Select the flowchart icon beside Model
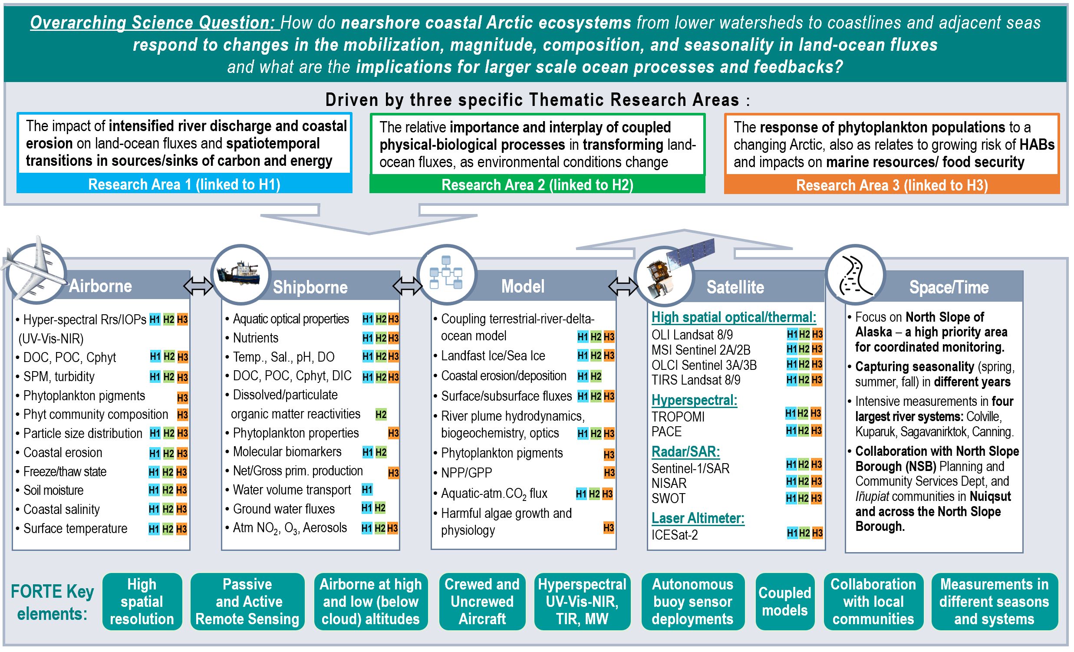point(446,273)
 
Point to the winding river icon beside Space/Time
point(855,275)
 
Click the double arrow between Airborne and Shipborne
point(198,286)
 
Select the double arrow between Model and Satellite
point(623,286)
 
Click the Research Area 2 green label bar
point(537,185)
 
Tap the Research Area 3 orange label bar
point(891,185)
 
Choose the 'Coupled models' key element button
point(784,602)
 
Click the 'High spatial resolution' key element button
point(142,602)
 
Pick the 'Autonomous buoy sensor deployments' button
point(692,602)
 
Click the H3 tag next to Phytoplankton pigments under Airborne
point(183,398)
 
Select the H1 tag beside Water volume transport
point(367,490)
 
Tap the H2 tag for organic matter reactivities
point(381,414)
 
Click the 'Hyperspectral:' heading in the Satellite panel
point(694,400)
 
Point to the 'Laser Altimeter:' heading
point(698,518)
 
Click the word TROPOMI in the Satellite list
point(678,417)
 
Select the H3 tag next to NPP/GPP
point(609,472)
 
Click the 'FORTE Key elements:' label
point(52,603)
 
